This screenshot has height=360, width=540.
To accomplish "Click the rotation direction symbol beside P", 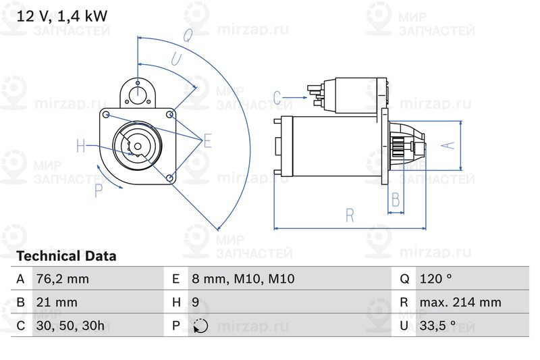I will tap(200, 326).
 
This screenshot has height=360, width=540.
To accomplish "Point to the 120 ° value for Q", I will tap(435, 279).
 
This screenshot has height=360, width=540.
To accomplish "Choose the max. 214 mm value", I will tap(460, 302).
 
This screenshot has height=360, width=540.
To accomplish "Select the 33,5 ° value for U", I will tap(438, 326).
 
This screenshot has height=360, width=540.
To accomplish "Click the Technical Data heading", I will tap(66, 257).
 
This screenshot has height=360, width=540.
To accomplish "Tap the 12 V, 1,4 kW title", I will tap(62, 16).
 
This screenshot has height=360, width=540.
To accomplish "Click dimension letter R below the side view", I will tap(350, 215).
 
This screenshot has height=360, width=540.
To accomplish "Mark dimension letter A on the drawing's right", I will tap(446, 145).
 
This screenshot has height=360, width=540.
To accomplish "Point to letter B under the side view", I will tap(396, 200).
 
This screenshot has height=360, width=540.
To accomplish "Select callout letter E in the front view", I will tap(207, 140).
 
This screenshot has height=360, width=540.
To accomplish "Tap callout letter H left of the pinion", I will tap(81, 145).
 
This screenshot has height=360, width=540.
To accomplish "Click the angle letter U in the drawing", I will tap(175, 59).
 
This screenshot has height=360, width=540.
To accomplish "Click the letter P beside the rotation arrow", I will tap(99, 190).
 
